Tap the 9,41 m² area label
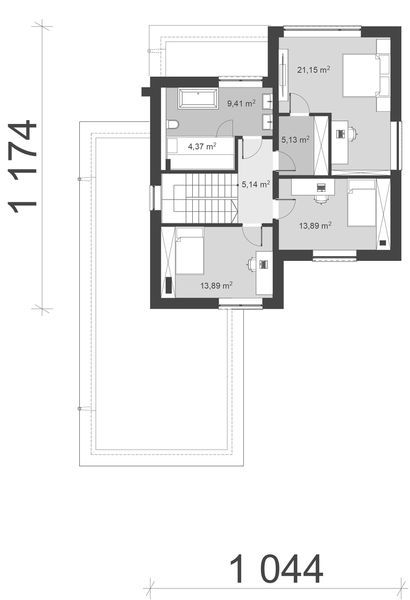click(240, 103)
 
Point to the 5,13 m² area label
click(295, 140)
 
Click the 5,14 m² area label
click(258, 185)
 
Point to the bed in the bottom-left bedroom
click(184, 246)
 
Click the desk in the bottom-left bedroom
click(261, 265)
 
